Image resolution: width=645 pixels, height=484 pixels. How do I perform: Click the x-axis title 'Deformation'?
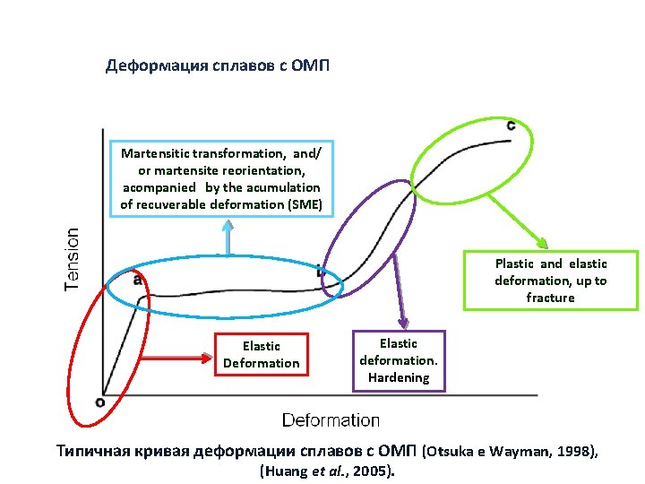click(331, 419)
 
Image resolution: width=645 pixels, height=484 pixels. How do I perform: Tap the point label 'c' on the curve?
click(511, 125)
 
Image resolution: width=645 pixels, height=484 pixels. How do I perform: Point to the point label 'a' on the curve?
click(137, 279)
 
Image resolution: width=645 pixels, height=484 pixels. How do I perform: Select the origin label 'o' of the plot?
click(99, 402)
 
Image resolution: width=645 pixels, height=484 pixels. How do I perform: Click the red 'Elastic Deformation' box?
click(262, 354)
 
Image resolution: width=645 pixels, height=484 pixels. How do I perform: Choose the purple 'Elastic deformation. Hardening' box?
click(399, 360)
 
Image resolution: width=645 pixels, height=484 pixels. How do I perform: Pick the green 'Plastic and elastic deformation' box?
click(550, 281)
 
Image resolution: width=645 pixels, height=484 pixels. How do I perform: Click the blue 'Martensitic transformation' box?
click(220, 179)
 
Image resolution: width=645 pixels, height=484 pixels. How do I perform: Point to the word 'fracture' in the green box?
click(550, 298)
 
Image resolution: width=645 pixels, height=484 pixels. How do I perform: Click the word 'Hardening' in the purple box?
click(399, 377)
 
